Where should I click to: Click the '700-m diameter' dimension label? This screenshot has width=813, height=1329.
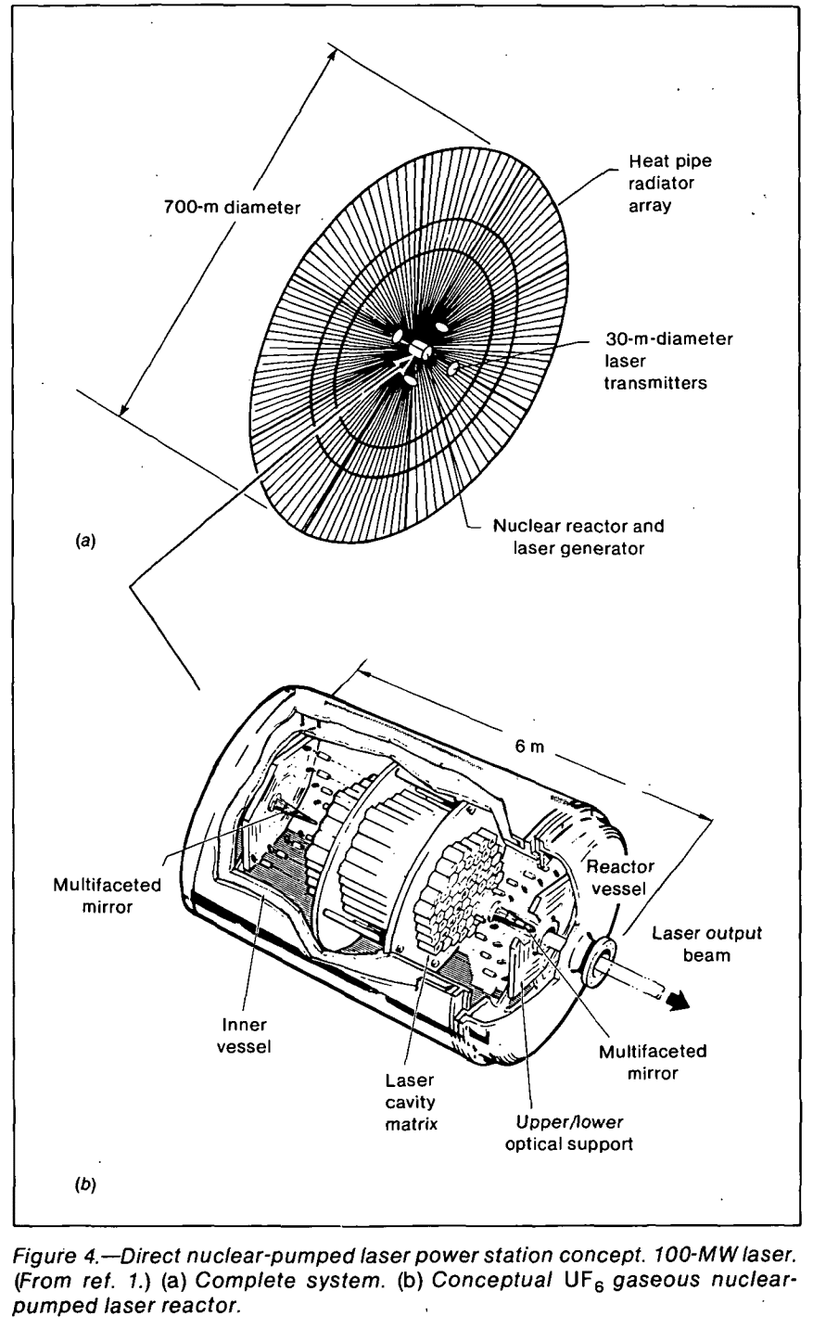tap(227, 208)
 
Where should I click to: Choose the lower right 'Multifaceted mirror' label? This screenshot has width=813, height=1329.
tap(652, 1062)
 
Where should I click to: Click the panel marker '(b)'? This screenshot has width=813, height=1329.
tap(84, 1184)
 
